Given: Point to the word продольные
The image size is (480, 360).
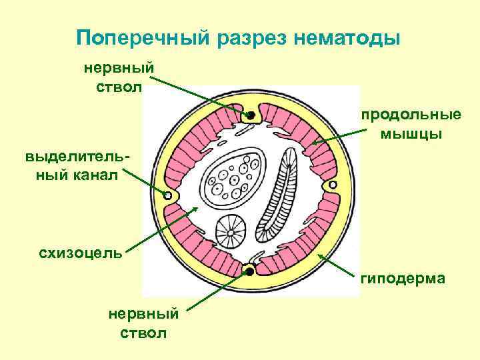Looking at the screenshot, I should tap(411, 114).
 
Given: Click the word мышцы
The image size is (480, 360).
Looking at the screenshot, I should tap(411, 134).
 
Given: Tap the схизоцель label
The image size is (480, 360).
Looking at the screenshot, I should tap(81, 253).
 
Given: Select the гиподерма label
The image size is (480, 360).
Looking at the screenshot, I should tap(403, 278).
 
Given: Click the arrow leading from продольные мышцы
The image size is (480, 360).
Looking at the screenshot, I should tap(337, 132).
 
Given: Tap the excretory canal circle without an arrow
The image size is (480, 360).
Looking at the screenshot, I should tap(333, 185).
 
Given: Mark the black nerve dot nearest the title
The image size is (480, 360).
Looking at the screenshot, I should tap(251, 115).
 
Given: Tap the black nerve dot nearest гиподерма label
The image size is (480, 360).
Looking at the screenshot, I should tap(249, 271).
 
